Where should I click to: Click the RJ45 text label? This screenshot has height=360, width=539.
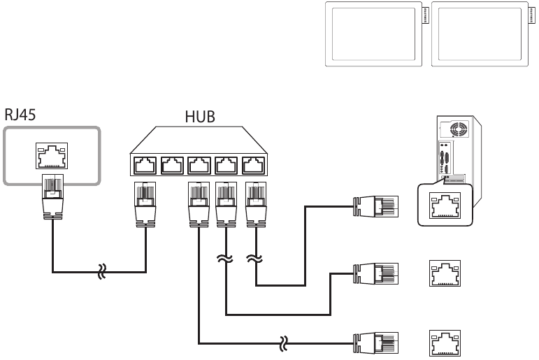[22, 116]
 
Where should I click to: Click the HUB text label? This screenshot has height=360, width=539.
[200, 116]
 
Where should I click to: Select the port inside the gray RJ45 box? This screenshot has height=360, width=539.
[50, 157]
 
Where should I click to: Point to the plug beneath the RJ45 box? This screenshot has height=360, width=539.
[51, 199]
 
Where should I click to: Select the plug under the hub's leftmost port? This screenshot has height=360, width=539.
[145, 203]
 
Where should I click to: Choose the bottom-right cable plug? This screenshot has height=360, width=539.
[377, 343]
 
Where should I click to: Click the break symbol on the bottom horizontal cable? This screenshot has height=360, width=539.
[283, 343]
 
